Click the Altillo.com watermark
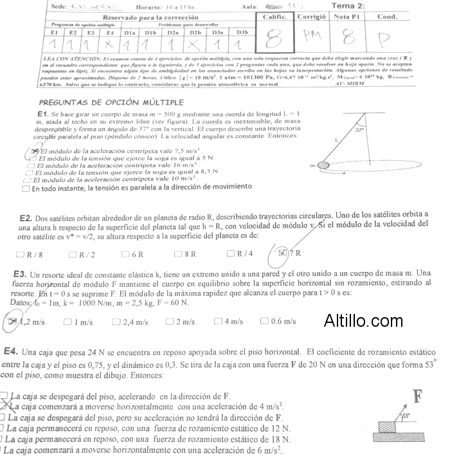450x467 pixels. tap(363, 320)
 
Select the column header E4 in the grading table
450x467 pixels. tap(111, 32)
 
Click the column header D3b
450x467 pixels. tap(242, 32)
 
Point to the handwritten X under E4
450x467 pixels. tap(111, 44)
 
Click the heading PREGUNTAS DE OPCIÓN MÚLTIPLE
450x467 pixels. tap(111, 102)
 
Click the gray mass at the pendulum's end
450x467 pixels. tap(323, 165)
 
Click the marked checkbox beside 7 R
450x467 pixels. tap(282, 253)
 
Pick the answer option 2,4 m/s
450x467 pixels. tap(130, 322)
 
